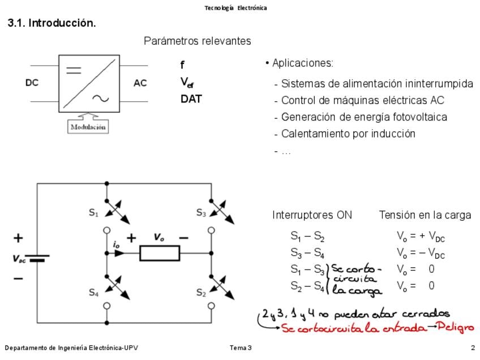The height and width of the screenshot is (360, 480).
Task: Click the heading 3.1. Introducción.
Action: tap(52, 23)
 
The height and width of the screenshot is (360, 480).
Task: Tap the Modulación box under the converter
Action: tap(88, 127)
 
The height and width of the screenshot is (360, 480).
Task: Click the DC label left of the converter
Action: tap(32, 83)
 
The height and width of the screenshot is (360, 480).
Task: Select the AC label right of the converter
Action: tap(140, 83)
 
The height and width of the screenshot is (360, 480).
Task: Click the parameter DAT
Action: tap(191, 99)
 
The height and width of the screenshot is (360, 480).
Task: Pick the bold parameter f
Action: tap(182, 66)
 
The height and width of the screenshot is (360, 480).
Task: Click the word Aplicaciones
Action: tap(302, 63)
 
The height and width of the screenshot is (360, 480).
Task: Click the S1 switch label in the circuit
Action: tap(94, 213)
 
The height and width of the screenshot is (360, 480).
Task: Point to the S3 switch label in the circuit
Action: tap(201, 213)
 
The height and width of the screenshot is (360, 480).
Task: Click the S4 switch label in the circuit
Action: tap(94, 293)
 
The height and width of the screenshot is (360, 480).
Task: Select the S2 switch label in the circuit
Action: tap(201, 293)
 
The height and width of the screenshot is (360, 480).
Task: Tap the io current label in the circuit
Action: tap(116, 245)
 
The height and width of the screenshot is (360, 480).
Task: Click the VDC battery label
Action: tap(19, 259)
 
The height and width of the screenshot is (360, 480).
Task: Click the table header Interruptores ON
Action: tap(312, 215)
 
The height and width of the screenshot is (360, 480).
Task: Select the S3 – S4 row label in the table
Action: tap(307, 253)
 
